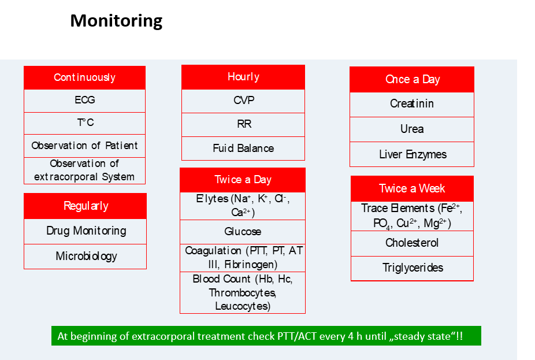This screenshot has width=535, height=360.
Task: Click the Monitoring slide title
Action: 116,21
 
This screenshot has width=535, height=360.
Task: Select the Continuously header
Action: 84,78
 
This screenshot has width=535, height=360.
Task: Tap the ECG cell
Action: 84,101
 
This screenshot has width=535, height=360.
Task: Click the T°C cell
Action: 84,123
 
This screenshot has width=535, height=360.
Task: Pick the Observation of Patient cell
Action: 84,146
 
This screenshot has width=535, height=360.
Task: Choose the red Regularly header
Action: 86,206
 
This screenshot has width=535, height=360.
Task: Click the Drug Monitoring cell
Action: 86,231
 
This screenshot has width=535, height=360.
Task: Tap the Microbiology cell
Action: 86,256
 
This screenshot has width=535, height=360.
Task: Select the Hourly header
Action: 243,77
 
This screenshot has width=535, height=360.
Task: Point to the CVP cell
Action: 243,101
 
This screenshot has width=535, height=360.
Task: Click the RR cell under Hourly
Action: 243,124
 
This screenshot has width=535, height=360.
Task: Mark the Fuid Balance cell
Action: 243,149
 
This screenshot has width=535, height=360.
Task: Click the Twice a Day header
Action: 243,180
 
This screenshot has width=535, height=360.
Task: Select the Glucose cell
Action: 243,232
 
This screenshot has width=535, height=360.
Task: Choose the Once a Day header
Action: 412,80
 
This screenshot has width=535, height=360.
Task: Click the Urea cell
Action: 412,129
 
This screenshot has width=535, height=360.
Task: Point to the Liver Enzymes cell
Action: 412,154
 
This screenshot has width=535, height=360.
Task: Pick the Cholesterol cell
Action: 412,243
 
